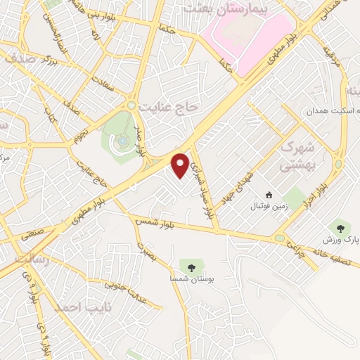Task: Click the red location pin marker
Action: (x=180, y=165)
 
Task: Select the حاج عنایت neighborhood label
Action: (x=170, y=106)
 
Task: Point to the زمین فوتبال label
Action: (x=266, y=207)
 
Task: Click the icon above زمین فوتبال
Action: (x=267, y=195)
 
